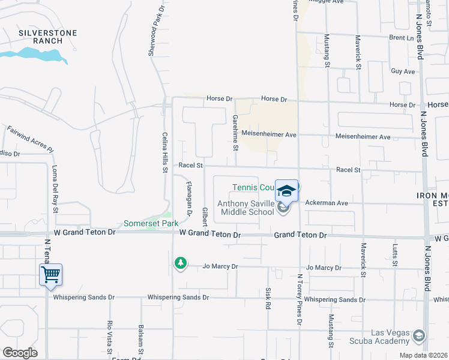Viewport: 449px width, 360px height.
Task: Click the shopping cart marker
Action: point(51,275)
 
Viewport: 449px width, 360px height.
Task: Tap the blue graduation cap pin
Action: point(286,191)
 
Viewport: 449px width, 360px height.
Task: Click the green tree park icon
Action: point(180,263)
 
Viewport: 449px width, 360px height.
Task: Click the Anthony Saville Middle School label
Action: point(246,208)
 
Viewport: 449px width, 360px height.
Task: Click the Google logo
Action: point(20,353)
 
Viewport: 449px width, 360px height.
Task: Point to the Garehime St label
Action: point(235,133)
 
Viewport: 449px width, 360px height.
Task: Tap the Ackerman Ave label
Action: point(327,203)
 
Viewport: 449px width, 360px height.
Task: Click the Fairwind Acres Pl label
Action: point(30,139)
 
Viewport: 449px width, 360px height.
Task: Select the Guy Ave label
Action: point(403,71)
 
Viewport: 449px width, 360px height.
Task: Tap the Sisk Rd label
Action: point(268,298)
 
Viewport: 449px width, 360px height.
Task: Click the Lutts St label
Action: point(395,254)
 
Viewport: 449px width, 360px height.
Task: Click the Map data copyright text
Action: point(423,355)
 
